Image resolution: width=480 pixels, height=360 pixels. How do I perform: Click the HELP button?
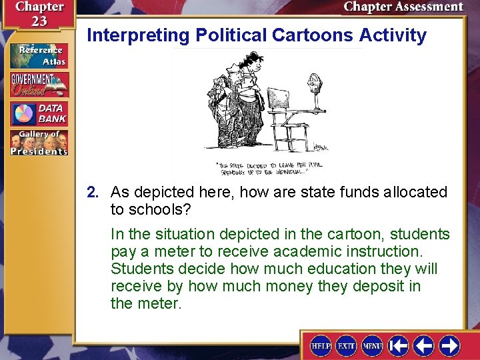coord(321,346)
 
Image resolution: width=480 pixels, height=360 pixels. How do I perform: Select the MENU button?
coord(372,346)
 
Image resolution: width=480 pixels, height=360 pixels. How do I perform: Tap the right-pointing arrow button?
coord(449,346)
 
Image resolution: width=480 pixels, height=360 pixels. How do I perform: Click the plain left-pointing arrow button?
coord(424,346)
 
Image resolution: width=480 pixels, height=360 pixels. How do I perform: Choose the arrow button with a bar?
coord(399,346)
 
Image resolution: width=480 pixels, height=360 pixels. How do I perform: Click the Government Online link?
coord(39,85)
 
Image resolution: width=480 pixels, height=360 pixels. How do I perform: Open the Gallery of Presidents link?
coord(39,143)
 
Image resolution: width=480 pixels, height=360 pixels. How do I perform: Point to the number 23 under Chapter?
coord(39,21)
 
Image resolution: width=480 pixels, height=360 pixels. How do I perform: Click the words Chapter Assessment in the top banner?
coord(403,7)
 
